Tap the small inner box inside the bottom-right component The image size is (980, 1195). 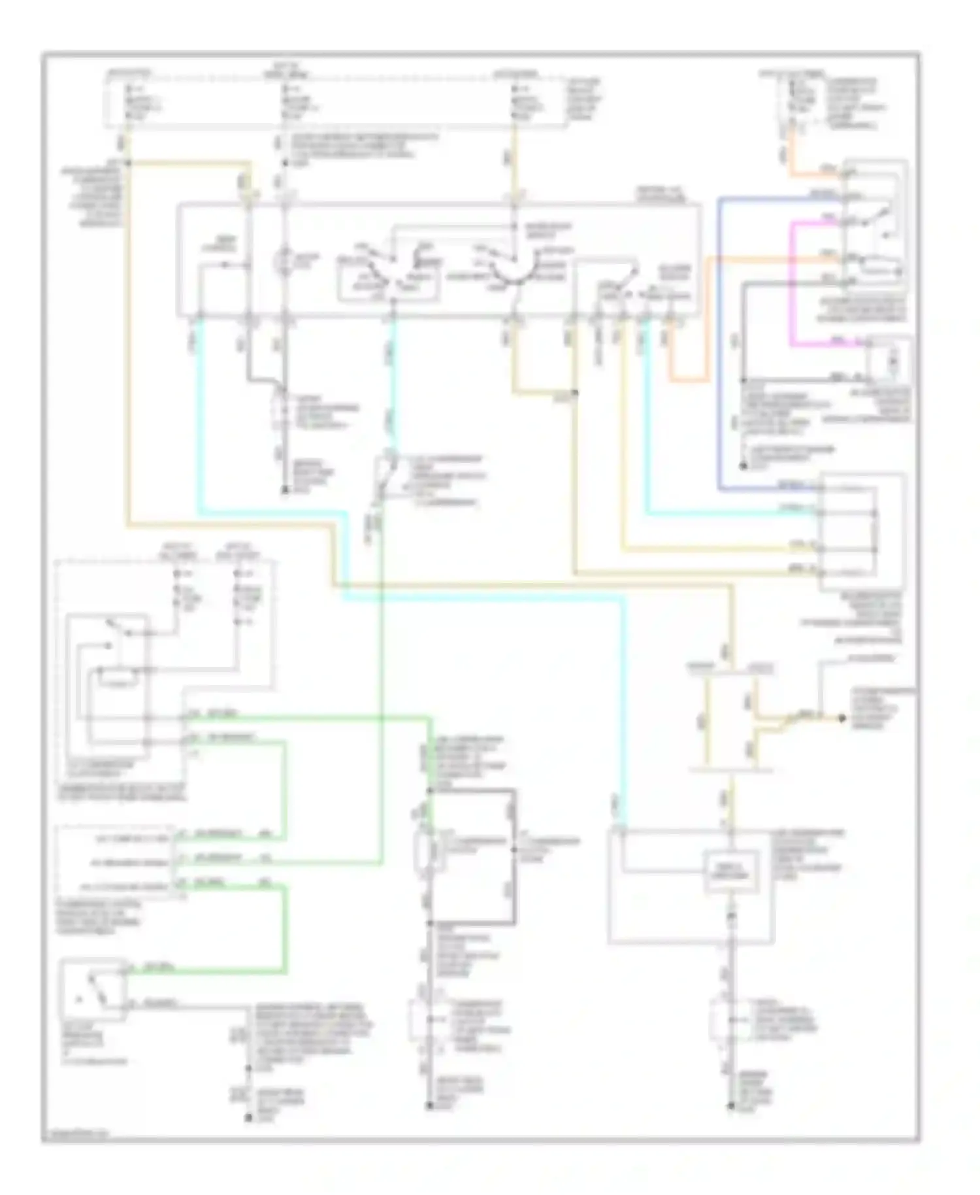[x=731, y=871]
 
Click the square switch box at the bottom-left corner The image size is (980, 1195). [x=92, y=989]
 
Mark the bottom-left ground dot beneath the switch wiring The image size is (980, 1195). [x=248, y=1118]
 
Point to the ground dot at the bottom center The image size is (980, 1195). [x=429, y=1105]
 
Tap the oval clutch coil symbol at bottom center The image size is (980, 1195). [x=424, y=852]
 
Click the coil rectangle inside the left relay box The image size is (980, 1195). [x=118, y=679]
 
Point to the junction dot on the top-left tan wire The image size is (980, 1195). [x=128, y=162]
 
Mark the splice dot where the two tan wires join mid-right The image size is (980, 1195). [x=575, y=393]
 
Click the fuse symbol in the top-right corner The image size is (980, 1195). [x=792, y=98]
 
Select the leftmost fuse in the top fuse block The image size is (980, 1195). [x=129, y=98]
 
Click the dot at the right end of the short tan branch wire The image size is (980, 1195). [x=841, y=718]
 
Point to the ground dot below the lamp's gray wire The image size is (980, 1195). [x=285, y=490]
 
